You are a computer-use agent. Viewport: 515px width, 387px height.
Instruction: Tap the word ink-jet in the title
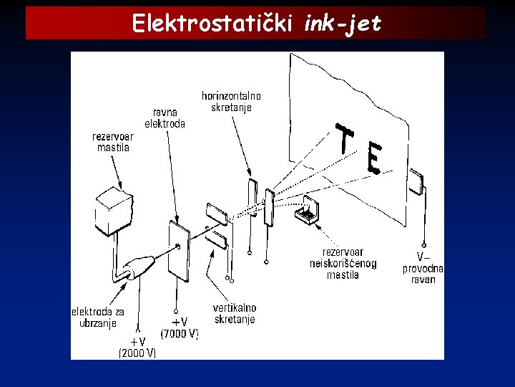(343, 24)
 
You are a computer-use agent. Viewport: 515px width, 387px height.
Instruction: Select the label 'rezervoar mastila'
(113, 142)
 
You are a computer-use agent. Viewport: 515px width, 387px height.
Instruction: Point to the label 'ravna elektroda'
(165, 118)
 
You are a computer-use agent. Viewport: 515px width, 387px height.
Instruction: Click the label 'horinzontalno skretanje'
(231, 101)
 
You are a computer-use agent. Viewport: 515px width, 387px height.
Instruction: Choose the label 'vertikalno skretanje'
(234, 313)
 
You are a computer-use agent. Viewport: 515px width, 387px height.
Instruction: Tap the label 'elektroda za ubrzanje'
(98, 317)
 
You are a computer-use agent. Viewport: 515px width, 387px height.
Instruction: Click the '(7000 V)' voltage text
(180, 334)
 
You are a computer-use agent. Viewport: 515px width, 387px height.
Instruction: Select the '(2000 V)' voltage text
(137, 353)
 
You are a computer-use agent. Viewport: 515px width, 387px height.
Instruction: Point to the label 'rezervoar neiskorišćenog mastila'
(343, 262)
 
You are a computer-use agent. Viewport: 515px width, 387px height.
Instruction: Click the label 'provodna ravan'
(423, 274)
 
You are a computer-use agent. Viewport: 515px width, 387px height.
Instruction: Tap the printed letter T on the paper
(345, 140)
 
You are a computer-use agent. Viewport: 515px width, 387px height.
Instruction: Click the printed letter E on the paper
(373, 158)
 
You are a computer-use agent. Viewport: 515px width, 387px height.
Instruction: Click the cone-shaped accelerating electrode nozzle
(139, 267)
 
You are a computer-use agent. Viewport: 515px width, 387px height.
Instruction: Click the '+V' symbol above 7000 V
(179, 322)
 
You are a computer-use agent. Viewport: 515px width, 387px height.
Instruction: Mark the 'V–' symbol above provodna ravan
(424, 256)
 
